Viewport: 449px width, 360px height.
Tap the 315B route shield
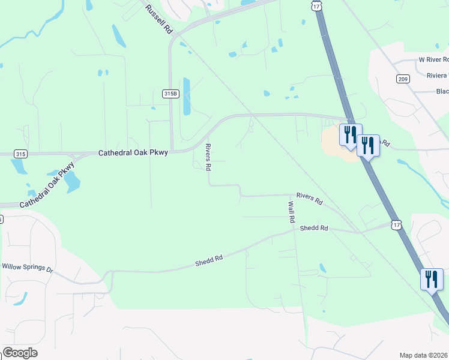pos(170,94)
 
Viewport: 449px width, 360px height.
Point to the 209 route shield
pos(402,79)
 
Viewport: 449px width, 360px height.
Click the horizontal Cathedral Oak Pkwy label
pos(133,153)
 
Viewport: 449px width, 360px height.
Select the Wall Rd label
pos(292,212)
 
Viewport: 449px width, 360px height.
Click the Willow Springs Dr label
pos(28,267)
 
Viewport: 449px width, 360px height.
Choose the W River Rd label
pos(433,60)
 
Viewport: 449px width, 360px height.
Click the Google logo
pos(20,353)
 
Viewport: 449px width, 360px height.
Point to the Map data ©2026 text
pos(424,355)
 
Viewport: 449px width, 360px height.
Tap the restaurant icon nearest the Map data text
pos(432,279)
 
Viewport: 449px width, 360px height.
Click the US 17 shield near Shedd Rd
pos(395,224)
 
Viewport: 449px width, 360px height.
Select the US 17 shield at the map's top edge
pos(316,5)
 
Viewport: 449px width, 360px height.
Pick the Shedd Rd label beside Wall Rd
pos(315,228)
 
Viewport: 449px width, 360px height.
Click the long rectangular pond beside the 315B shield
pos(186,96)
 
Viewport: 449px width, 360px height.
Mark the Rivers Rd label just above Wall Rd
pos(310,199)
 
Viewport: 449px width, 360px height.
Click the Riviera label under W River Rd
pos(436,76)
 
